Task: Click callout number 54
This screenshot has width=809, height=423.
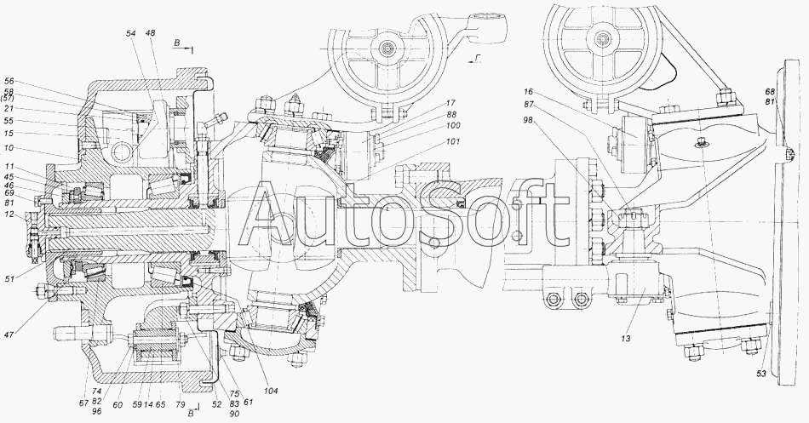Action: [x=131, y=33]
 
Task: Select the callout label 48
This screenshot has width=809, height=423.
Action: [x=151, y=33]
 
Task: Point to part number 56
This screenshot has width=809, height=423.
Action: [x=10, y=82]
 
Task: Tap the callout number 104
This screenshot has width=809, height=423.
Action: [x=270, y=391]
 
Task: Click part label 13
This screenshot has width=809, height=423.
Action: [x=626, y=339]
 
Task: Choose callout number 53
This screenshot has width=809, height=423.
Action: [x=761, y=374]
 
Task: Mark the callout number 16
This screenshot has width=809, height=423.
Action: [x=528, y=91]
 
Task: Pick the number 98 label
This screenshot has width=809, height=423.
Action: [x=528, y=120]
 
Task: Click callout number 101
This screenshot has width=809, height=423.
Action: [x=454, y=141]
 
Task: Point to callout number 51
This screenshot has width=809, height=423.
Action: [x=10, y=279]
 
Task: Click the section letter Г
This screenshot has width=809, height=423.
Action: [x=478, y=58]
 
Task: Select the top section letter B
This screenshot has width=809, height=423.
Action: [x=176, y=44]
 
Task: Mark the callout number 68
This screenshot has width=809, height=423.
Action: [x=770, y=92]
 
